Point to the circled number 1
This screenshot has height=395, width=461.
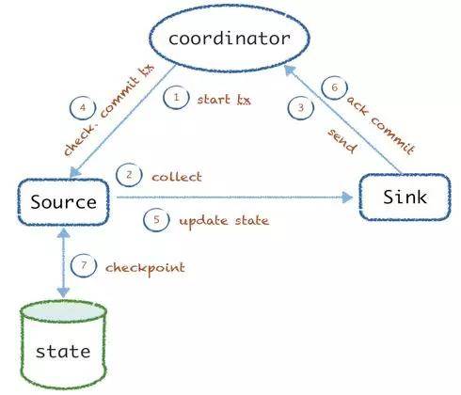pyautogui.click(x=176, y=98)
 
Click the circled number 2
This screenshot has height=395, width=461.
pyautogui.click(x=129, y=175)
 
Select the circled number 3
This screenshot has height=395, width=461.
pyautogui.click(x=301, y=108)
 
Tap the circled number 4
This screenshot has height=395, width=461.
pyautogui.click(x=83, y=108)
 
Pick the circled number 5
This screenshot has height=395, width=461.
pyautogui.click(x=156, y=220)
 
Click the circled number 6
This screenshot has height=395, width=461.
pyautogui.click(x=335, y=87)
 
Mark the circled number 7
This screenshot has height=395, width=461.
pyautogui.click(x=84, y=265)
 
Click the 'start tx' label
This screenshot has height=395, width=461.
pyautogui.click(x=224, y=100)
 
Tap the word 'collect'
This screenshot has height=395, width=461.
pyautogui.click(x=177, y=177)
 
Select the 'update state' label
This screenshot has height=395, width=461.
pyautogui.click(x=224, y=221)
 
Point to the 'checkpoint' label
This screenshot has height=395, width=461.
pyautogui.click(x=145, y=269)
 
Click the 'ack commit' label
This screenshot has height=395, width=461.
pyautogui.click(x=381, y=125)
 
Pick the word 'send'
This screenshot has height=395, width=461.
pyautogui.click(x=342, y=141)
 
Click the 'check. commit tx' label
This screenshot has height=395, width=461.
pyautogui.click(x=109, y=109)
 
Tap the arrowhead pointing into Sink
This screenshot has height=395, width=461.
pyautogui.click(x=347, y=197)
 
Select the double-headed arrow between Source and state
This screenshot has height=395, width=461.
pyautogui.click(x=64, y=262)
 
